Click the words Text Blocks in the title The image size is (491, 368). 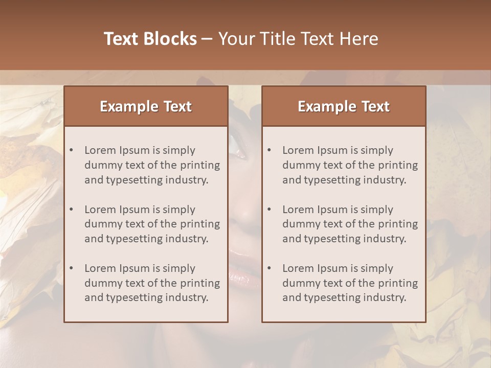click(150, 39)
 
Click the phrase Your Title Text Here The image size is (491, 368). click(298, 39)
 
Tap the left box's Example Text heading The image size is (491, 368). click(146, 106)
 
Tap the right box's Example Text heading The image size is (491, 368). click(344, 106)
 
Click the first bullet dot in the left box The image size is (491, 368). click(71, 150)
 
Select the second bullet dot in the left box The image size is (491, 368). click(71, 210)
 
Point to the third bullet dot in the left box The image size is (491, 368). click(71, 268)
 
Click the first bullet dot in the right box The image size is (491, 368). click(269, 150)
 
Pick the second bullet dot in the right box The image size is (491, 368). click(269, 210)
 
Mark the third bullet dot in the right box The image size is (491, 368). click(269, 268)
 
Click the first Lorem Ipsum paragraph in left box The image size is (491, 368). click(152, 165)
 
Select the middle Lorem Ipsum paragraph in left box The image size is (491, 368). click(152, 224)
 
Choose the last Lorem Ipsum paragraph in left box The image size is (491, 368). click(152, 283)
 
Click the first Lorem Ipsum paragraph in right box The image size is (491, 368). click(350, 165)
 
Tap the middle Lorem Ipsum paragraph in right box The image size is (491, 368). click(350, 224)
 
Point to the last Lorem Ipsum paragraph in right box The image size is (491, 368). click(350, 283)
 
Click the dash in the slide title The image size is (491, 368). click(207, 39)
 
